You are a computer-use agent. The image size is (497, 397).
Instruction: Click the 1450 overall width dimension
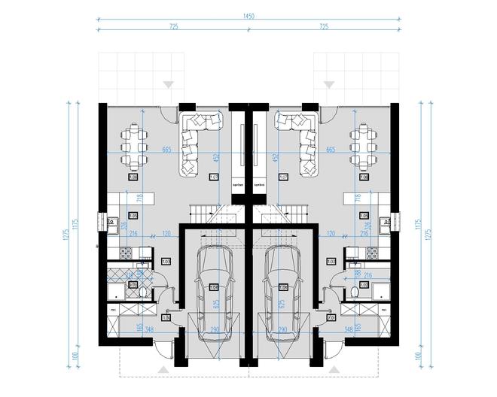click(x=248, y=16)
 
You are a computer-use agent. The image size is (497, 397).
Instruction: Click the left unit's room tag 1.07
click(x=212, y=177)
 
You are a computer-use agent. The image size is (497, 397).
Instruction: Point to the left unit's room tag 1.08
click(x=133, y=177)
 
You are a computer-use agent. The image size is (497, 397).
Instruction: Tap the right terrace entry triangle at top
click(x=328, y=83)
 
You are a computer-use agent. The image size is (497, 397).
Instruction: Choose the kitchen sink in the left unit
click(x=111, y=222)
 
